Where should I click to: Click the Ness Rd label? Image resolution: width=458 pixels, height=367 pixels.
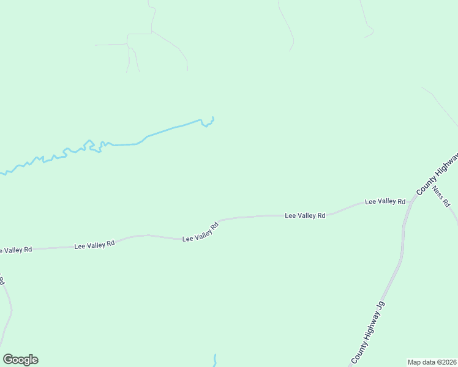(x=441, y=196)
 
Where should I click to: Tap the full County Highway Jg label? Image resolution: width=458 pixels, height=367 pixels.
(x=367, y=331)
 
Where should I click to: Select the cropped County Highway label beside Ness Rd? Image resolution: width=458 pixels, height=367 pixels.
(x=437, y=174)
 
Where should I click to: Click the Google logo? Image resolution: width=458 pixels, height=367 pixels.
(x=20, y=360)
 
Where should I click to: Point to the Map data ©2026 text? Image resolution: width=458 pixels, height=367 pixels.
(x=432, y=361)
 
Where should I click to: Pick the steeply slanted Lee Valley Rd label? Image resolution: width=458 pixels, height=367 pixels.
(x=200, y=232)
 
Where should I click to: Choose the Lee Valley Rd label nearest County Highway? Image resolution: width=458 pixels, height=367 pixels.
(x=385, y=201)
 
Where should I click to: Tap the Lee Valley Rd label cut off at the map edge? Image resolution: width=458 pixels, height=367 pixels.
(x=15, y=250)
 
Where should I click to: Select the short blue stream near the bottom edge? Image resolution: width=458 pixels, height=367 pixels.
(x=215, y=360)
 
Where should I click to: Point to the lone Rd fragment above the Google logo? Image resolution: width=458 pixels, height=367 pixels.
(x=2, y=281)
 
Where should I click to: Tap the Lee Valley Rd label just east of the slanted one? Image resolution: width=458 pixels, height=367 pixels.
(x=304, y=215)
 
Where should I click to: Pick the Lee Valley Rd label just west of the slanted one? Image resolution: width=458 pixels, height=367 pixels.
(x=94, y=245)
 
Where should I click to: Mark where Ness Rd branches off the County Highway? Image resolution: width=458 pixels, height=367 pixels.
(x=430, y=182)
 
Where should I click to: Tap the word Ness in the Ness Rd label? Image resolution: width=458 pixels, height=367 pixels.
(x=438, y=192)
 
